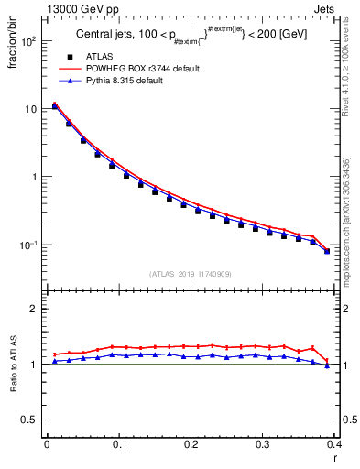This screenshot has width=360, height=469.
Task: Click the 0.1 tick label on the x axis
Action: (x=118, y=444)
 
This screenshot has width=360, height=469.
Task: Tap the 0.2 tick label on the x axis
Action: (x=191, y=444)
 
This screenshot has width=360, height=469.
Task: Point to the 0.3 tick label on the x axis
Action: (x=263, y=444)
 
